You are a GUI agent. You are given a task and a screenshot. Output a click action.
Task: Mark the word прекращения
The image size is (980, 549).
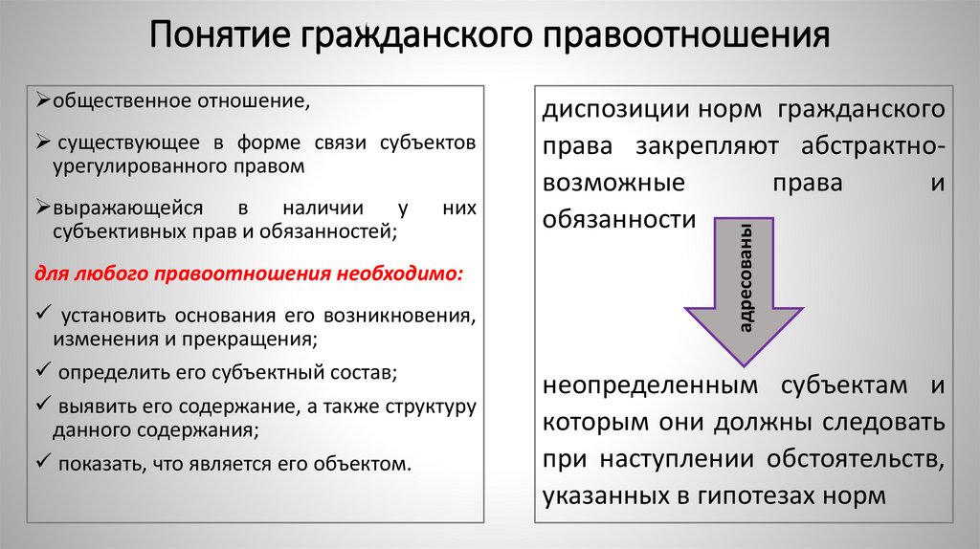(x=258, y=338)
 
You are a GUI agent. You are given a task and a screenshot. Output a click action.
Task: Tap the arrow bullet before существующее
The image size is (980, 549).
(x=44, y=143)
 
